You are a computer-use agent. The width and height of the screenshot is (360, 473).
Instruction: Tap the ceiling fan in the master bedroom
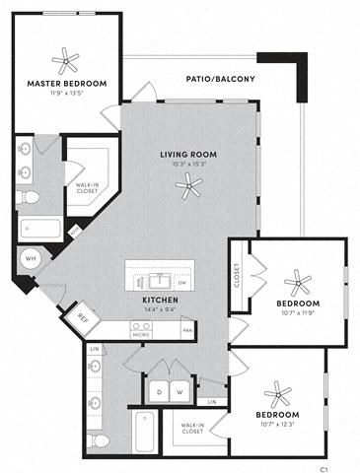(65, 60)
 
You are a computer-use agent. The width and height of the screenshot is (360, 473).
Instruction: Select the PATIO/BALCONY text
(221, 79)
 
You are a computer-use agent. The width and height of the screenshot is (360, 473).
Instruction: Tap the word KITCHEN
(160, 299)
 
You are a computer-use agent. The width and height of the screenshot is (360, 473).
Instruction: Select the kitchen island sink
(160, 273)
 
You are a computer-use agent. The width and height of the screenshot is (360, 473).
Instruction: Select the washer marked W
(179, 392)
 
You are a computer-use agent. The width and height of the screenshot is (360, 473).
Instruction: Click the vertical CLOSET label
(238, 275)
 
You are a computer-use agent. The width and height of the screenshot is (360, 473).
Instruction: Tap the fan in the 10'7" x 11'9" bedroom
(296, 282)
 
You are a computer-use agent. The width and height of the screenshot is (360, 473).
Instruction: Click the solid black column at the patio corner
(300, 70)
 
